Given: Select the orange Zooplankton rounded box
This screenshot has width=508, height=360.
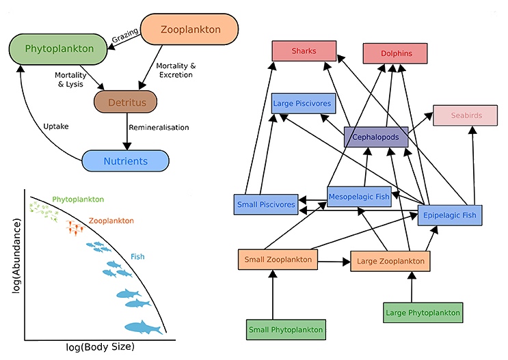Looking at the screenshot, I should [x=189, y=29].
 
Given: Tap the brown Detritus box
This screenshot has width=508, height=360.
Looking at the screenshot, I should [x=125, y=102].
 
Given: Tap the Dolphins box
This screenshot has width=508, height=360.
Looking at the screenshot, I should [x=395, y=53].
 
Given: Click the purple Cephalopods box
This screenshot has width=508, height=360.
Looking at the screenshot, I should [x=376, y=137].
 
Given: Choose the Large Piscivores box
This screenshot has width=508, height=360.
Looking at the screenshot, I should [x=302, y=104].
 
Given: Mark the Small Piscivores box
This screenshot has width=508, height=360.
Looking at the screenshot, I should [x=266, y=204].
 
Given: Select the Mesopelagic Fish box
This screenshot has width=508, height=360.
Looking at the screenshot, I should [x=358, y=197].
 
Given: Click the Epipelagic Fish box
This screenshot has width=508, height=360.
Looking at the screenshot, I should [x=450, y=215].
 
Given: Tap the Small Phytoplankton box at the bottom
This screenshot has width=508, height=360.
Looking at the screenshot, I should [x=284, y=329].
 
